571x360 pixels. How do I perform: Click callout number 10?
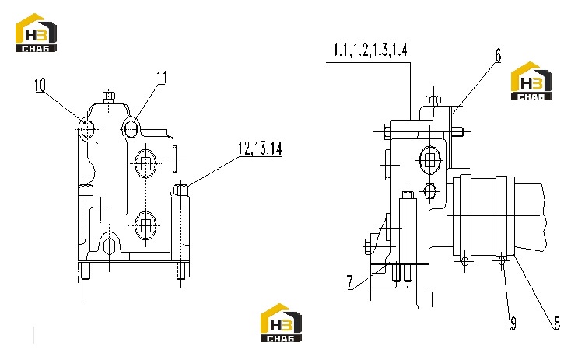[x=40, y=85]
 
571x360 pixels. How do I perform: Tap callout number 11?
[x=162, y=77]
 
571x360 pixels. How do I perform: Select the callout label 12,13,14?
[x=260, y=149]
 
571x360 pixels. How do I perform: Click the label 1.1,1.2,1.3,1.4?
[x=370, y=50]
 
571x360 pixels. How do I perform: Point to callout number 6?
[x=498, y=55]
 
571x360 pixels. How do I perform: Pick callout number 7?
[x=350, y=282]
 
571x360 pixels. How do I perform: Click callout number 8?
[x=557, y=323]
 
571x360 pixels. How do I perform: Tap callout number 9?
[x=513, y=323]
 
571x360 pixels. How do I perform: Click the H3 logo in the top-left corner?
[x=36, y=33]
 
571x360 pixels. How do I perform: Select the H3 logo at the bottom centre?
[x=281, y=323]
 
